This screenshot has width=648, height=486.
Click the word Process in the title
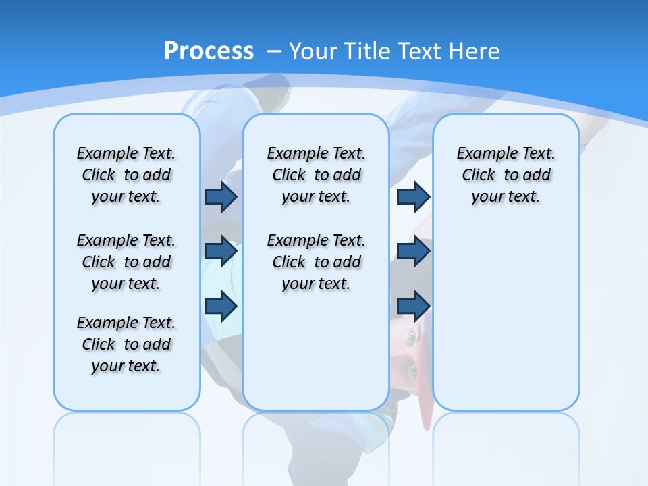[209, 51]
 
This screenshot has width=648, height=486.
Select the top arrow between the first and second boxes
[221, 196]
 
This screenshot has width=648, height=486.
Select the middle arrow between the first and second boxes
[221, 251]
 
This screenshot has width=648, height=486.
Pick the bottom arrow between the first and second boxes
[221, 306]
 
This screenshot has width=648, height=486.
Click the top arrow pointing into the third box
[413, 196]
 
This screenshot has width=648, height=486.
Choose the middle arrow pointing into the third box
[413, 251]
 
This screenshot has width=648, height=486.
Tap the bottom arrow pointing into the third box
[413, 306]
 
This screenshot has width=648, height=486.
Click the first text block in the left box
[126, 175]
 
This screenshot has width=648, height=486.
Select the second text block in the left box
[126, 262]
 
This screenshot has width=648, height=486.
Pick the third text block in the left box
[126, 344]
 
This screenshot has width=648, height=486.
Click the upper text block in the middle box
[316, 175]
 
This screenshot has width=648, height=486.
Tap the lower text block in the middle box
[316, 262]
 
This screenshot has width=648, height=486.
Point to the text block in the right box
[506, 175]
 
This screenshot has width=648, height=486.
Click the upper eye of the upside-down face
[411, 337]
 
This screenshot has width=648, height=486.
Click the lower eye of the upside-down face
[412, 369]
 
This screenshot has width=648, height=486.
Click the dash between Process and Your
[275, 51]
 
